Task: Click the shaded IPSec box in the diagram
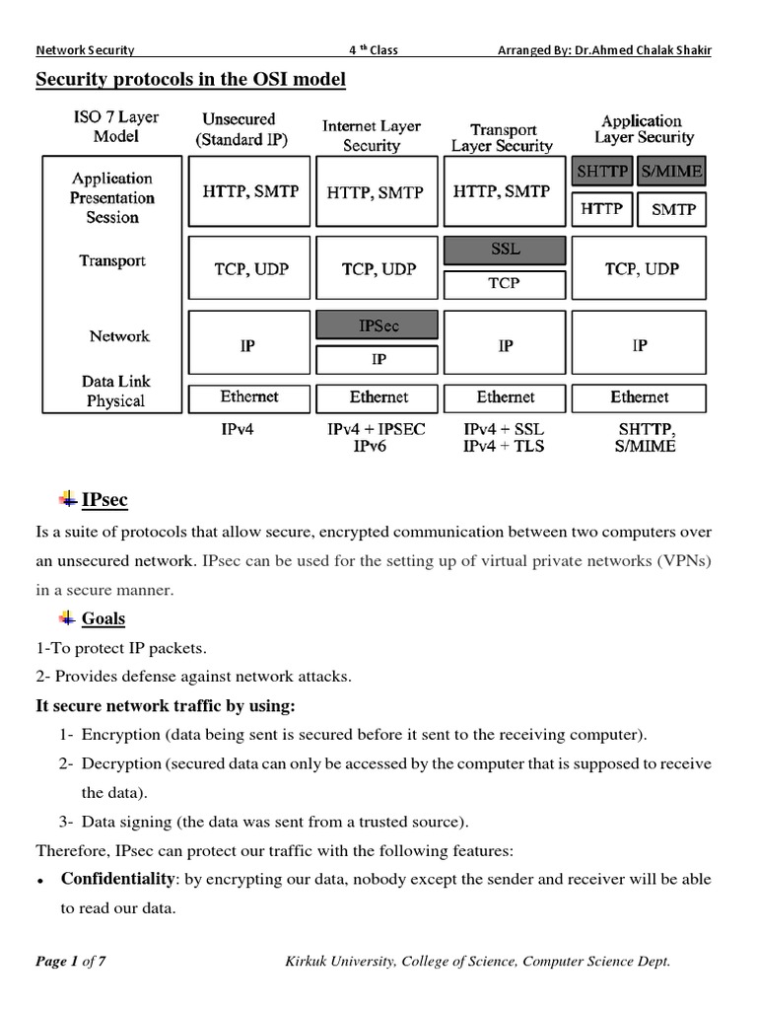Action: point(378,325)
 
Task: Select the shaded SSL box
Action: point(506,251)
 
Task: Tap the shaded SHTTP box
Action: point(602,172)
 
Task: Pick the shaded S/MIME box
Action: point(671,172)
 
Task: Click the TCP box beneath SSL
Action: point(506,283)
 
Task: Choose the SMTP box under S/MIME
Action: point(673,209)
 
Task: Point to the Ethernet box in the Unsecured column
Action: point(249,397)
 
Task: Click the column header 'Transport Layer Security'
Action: point(502,138)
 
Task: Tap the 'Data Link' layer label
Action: point(116,381)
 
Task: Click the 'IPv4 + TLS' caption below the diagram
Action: point(503,446)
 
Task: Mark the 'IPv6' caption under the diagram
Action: point(375,446)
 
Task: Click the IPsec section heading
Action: point(104,500)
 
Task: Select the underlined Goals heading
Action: point(103,619)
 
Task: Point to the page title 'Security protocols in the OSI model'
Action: point(191,80)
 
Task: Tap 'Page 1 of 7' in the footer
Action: point(71,962)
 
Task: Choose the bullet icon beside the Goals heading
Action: point(67,618)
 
